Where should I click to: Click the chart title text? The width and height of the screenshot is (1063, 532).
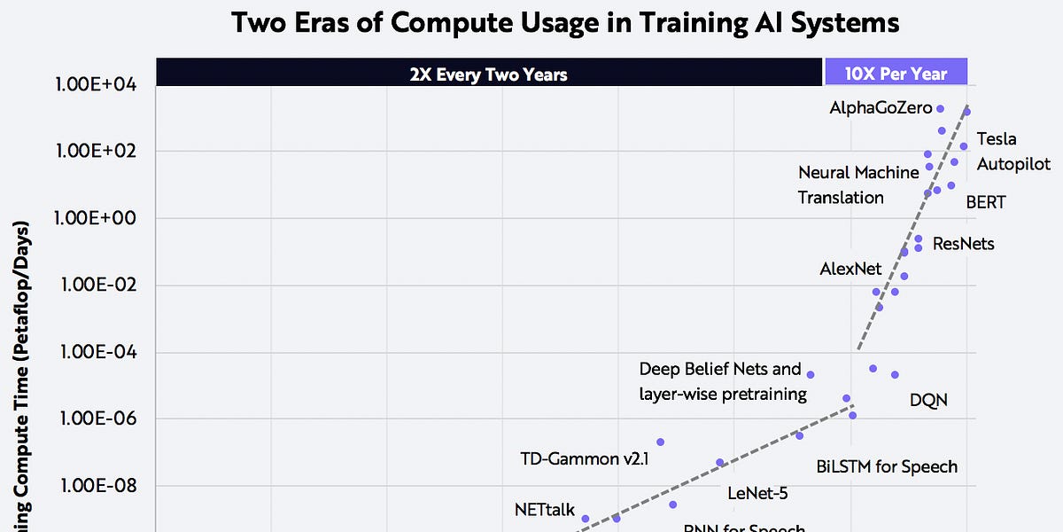click(564, 23)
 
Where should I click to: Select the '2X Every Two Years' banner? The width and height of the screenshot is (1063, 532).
click(488, 74)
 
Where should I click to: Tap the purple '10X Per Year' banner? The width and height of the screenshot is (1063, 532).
click(896, 74)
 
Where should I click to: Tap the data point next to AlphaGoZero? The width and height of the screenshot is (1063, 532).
click(940, 108)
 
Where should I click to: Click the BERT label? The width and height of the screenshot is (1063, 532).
click(985, 202)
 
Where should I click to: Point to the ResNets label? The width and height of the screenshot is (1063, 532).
click(963, 243)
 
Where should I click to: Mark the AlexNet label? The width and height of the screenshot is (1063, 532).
click(851, 269)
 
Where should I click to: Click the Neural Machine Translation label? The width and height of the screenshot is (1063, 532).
click(857, 184)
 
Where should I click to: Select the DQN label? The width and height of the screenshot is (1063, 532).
click(928, 400)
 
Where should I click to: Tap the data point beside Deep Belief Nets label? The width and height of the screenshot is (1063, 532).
click(810, 374)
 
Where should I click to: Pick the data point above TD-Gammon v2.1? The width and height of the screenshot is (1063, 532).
click(660, 442)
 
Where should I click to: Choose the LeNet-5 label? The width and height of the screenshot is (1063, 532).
click(757, 494)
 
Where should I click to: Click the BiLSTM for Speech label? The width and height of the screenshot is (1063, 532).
click(887, 466)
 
